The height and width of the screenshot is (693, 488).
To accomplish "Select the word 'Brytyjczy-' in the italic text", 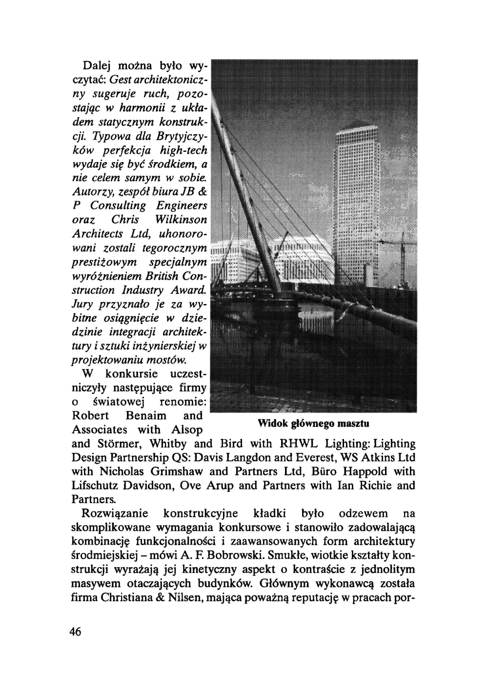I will tap(183, 136).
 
